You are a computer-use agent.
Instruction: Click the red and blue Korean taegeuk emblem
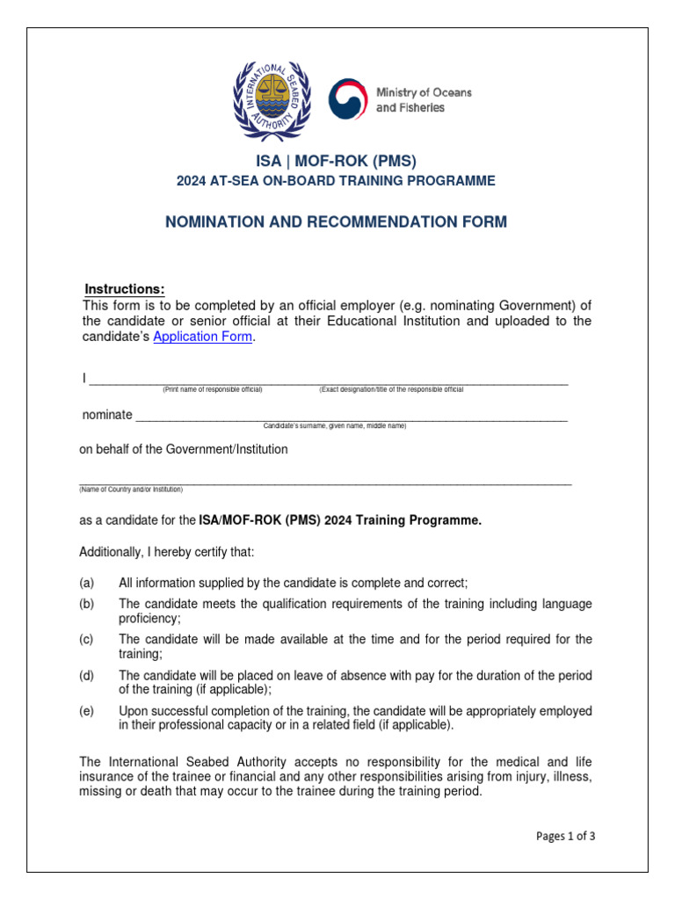coord(348,99)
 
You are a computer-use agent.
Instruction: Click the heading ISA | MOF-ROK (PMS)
coord(336,161)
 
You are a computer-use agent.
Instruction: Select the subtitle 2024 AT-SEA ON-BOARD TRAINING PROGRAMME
coord(336,181)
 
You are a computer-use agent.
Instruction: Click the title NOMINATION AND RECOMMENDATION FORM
coord(336,222)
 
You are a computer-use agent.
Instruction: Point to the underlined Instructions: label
coord(124,290)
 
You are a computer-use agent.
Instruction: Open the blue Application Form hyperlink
coord(203,337)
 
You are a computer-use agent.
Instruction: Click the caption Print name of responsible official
coord(212,389)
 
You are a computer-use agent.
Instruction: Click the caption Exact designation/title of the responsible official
coord(391,389)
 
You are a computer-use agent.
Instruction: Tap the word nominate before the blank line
coord(107,414)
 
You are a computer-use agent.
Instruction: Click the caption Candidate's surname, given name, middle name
coord(335,425)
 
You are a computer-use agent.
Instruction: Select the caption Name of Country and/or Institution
coord(131,489)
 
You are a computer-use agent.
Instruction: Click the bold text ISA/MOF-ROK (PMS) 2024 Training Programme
coord(340,520)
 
